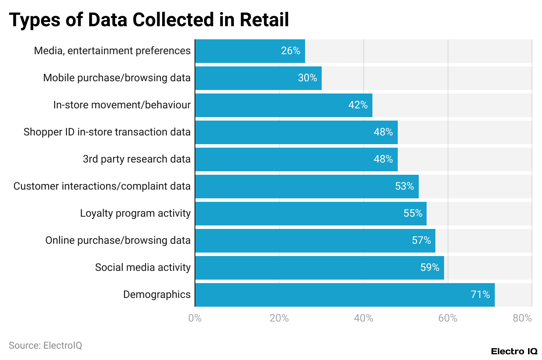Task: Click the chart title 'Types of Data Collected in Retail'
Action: tap(149, 20)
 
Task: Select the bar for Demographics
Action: tap(344, 295)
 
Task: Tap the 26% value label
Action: tap(290, 51)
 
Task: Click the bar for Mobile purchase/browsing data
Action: tap(258, 78)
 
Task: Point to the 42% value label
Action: tap(358, 105)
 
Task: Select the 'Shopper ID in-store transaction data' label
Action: tap(107, 132)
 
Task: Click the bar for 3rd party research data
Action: tap(296, 159)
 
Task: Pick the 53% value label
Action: tap(404, 187)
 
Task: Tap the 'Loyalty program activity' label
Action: tap(135, 213)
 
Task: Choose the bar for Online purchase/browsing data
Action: tap(315, 241)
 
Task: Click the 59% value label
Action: tap(430, 268)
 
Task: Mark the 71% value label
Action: tap(480, 295)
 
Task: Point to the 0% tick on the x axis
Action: tap(195, 318)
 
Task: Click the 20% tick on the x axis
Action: tap(279, 318)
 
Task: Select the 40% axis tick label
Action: tap(364, 318)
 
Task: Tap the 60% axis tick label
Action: tap(448, 318)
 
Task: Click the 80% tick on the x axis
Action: tap(522, 318)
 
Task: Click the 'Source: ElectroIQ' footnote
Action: tap(45, 346)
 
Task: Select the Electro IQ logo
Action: tap(514, 351)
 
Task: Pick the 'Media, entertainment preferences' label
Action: tap(112, 51)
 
